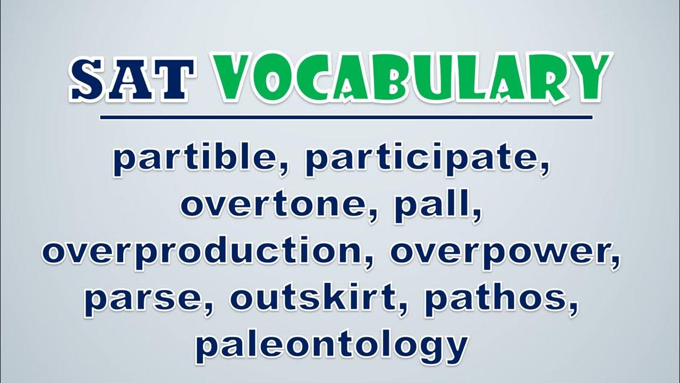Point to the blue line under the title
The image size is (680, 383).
click(346, 118)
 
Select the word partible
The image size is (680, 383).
click(200, 159)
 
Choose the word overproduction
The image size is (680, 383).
click(207, 252)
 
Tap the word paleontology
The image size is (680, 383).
click(331, 346)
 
